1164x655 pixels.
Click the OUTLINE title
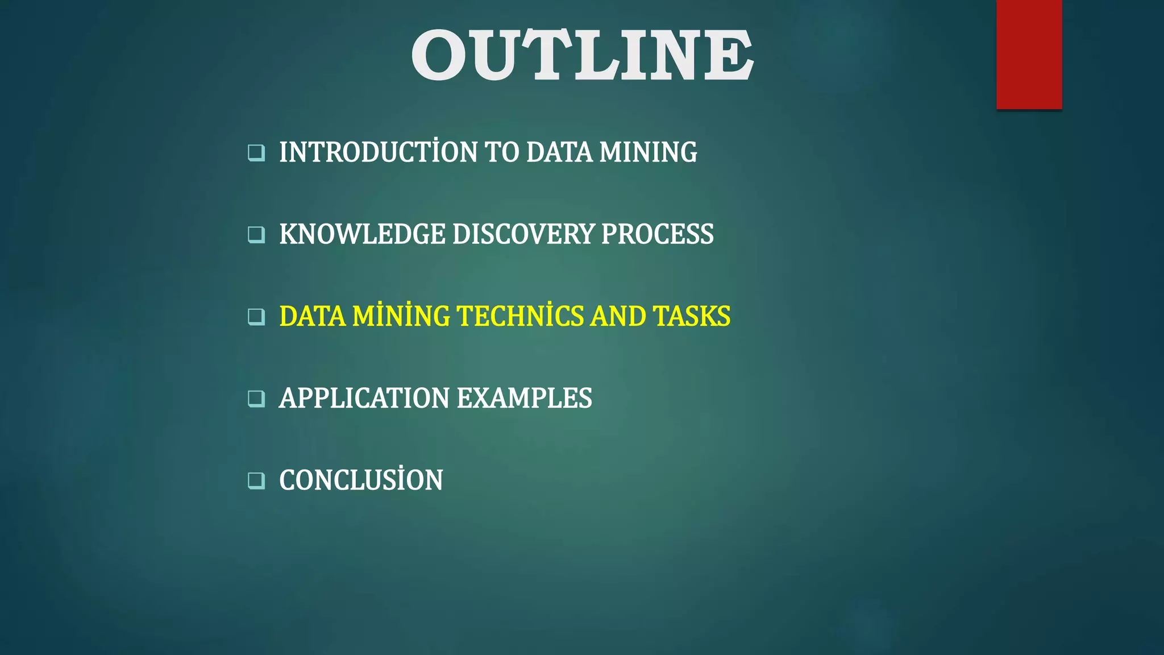(x=582, y=55)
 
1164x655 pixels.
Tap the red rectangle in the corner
(x=1029, y=54)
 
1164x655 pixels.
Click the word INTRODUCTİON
(x=378, y=152)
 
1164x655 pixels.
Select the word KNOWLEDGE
(x=362, y=234)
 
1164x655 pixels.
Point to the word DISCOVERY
(x=523, y=234)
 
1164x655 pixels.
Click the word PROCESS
(x=657, y=234)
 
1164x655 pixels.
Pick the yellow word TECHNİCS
(x=520, y=316)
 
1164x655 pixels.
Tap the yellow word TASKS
(x=692, y=316)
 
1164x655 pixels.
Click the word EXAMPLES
(x=524, y=398)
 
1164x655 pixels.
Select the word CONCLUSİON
(x=361, y=480)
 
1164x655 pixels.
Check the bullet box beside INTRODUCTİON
(x=256, y=153)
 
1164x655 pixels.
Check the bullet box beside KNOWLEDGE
(x=256, y=235)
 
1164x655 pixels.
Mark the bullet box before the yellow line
(x=256, y=317)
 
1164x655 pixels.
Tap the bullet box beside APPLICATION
(x=256, y=399)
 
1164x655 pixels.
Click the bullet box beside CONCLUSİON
(x=256, y=480)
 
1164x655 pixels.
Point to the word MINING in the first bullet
(x=648, y=152)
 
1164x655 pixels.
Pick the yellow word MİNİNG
(x=401, y=316)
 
